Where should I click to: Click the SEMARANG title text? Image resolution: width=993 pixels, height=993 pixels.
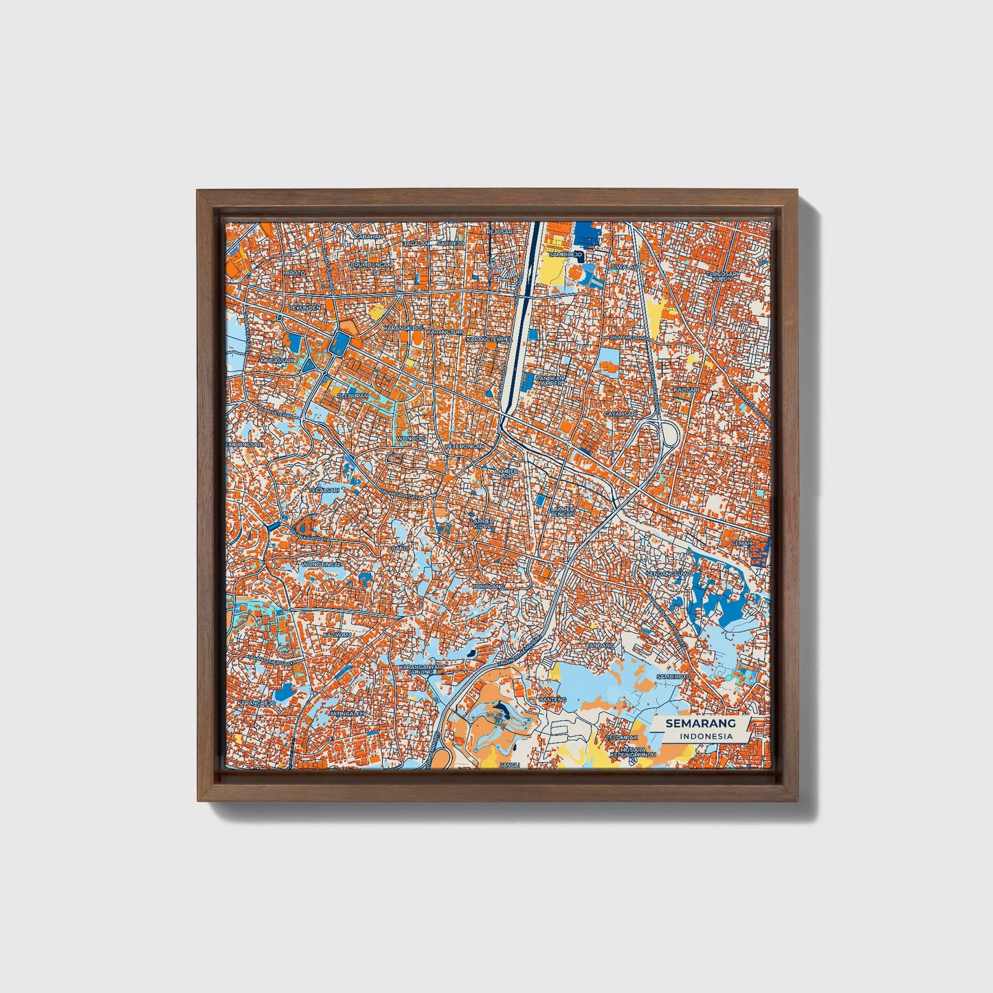(700, 723)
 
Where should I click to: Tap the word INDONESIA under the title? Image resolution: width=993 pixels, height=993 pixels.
(706, 736)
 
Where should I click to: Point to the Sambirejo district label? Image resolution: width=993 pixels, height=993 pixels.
(566, 254)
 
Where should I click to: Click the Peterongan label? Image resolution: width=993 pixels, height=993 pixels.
(465, 446)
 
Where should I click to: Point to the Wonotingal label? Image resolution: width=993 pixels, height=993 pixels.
(322, 564)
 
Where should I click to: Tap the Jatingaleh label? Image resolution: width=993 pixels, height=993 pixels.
(347, 714)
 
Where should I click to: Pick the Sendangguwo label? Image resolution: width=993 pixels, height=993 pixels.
(669, 572)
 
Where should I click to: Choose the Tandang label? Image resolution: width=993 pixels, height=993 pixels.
(601, 646)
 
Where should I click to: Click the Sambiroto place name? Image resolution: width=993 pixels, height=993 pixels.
(673, 676)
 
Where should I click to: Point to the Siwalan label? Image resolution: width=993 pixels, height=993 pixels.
(625, 267)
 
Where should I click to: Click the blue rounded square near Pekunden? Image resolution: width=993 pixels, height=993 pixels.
(339, 343)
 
